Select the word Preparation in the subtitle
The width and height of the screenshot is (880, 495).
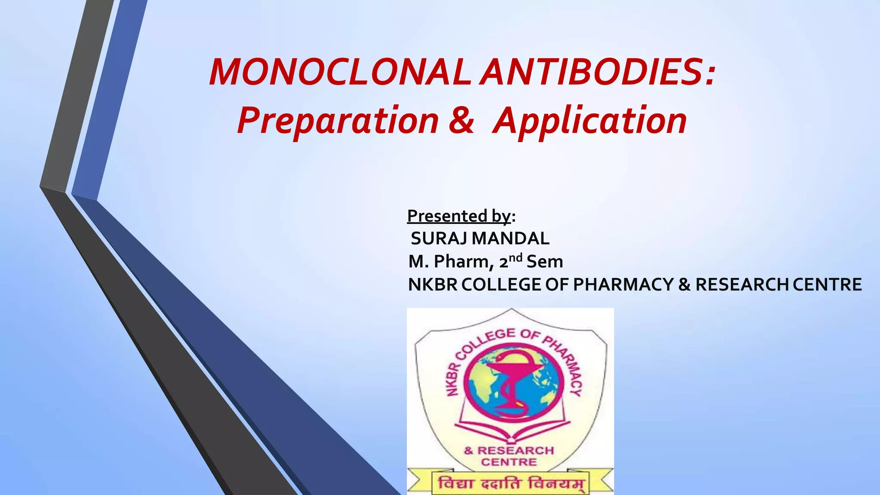coord(338,121)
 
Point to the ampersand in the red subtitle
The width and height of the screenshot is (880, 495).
coord(461,120)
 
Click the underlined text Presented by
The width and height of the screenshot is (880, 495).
coord(459,216)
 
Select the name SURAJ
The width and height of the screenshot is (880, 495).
coord(439,238)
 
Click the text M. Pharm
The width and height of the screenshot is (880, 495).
coord(449,262)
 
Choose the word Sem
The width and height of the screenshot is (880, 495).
coord(544,262)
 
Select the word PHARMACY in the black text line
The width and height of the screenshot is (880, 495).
coord(623,284)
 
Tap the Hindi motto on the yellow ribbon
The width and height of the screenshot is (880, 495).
coord(510,483)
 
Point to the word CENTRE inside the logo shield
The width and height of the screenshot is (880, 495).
coord(509,462)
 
